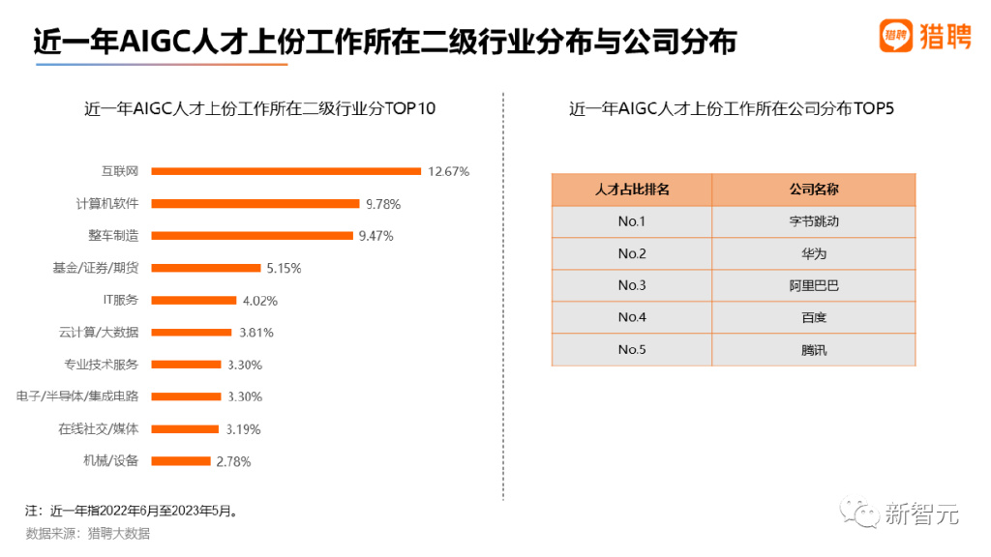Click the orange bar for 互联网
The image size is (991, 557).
286,171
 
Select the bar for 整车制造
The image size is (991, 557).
253,235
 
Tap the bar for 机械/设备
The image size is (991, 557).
181,461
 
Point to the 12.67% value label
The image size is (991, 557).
448,171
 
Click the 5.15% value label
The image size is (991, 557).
284,268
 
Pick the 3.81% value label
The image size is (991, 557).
256,333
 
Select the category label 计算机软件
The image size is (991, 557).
106,203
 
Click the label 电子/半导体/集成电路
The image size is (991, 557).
77,396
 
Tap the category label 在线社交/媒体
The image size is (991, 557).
98,428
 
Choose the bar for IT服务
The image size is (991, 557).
195,300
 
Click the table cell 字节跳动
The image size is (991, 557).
813,221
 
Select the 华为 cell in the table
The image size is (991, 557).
813,253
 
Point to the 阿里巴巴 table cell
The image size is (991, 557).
813,285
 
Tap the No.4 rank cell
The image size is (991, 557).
631,317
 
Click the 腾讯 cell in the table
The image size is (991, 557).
813,349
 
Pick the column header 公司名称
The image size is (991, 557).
813,190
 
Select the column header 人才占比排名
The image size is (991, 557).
631,190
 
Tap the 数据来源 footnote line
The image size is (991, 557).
88,533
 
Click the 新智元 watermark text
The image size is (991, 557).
921,513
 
